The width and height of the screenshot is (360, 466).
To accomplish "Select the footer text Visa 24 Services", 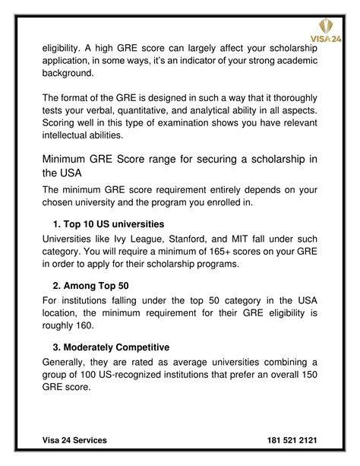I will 74,440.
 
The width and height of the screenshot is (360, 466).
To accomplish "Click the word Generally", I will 68,361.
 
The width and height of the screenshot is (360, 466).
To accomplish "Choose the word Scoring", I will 62,123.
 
